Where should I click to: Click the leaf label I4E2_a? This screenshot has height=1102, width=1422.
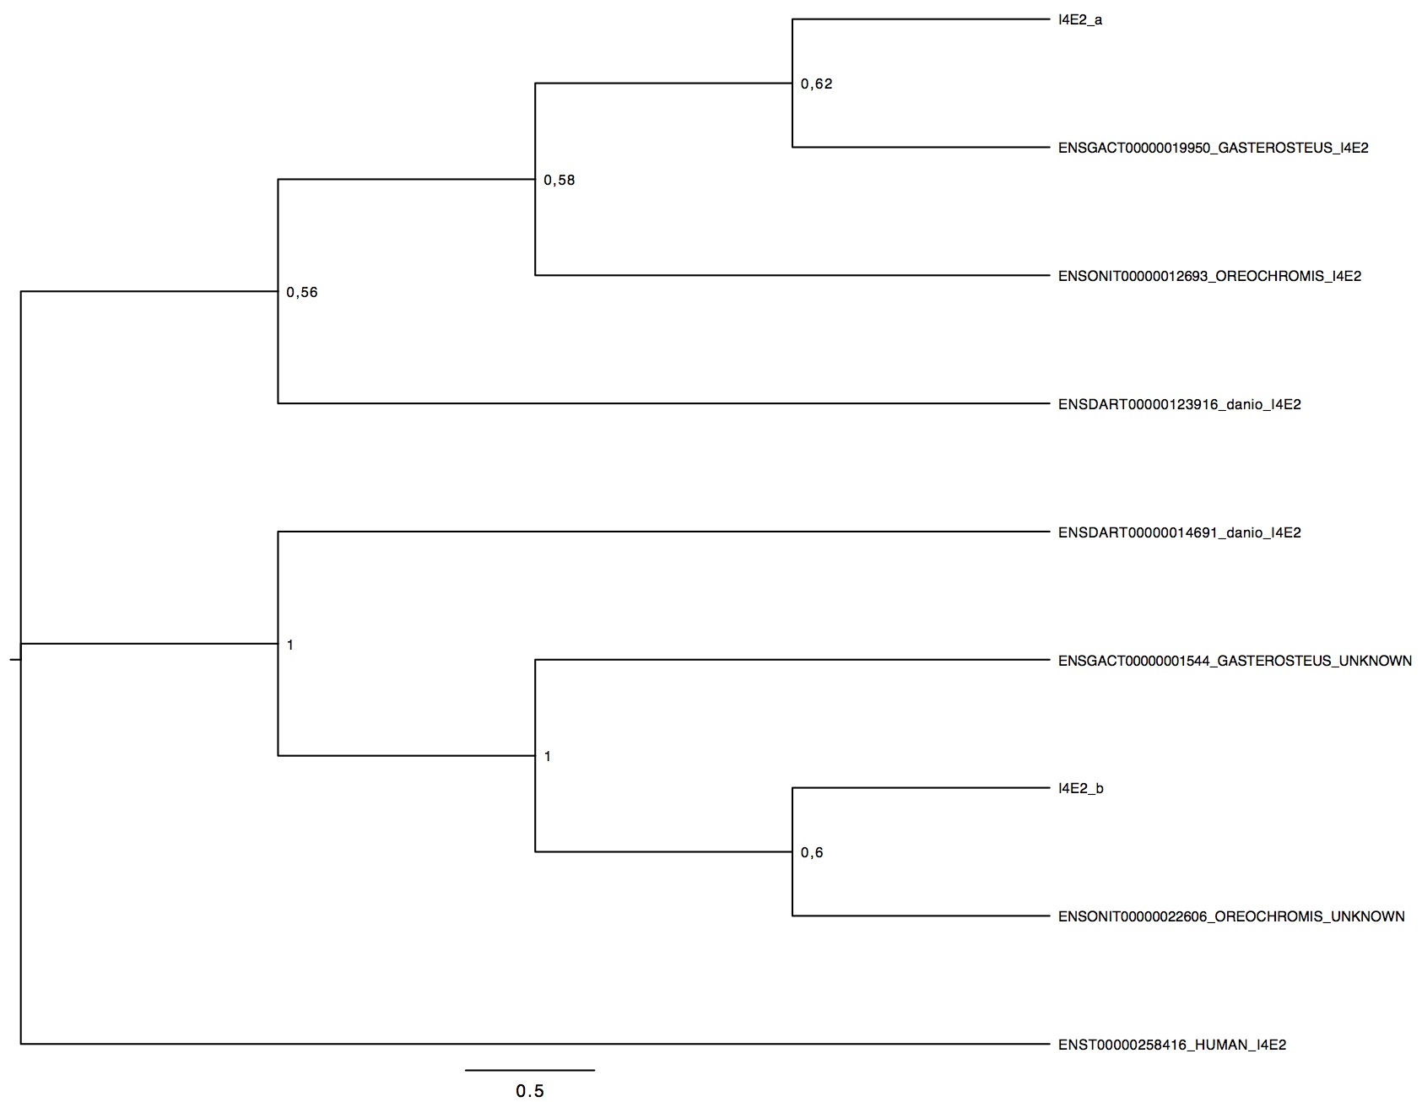pos(1080,20)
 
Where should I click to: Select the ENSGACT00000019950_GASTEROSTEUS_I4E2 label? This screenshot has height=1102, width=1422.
pos(1214,149)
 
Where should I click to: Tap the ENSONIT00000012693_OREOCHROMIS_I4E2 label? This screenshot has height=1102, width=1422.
pos(1209,277)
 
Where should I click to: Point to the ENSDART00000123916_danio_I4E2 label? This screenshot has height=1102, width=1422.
pos(1180,405)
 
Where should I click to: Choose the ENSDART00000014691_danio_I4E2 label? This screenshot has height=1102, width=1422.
pos(1180,533)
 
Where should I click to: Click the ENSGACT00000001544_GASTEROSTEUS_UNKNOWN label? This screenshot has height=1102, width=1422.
pos(1235,661)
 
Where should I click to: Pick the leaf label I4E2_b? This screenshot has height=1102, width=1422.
pos(1081,789)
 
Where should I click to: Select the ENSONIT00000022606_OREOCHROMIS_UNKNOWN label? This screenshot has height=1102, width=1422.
pos(1231,917)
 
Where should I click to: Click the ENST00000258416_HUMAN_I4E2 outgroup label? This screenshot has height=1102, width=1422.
pos(1172,1045)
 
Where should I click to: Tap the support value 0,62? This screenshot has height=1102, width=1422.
pos(816,84)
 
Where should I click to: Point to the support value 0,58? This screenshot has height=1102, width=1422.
pos(560,181)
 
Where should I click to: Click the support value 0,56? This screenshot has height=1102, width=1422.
pos(302,293)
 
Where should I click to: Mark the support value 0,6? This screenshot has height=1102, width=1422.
pos(812,853)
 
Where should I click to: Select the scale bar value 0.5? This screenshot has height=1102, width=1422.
pos(530,1091)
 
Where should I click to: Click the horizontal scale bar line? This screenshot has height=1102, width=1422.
pos(530,1070)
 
